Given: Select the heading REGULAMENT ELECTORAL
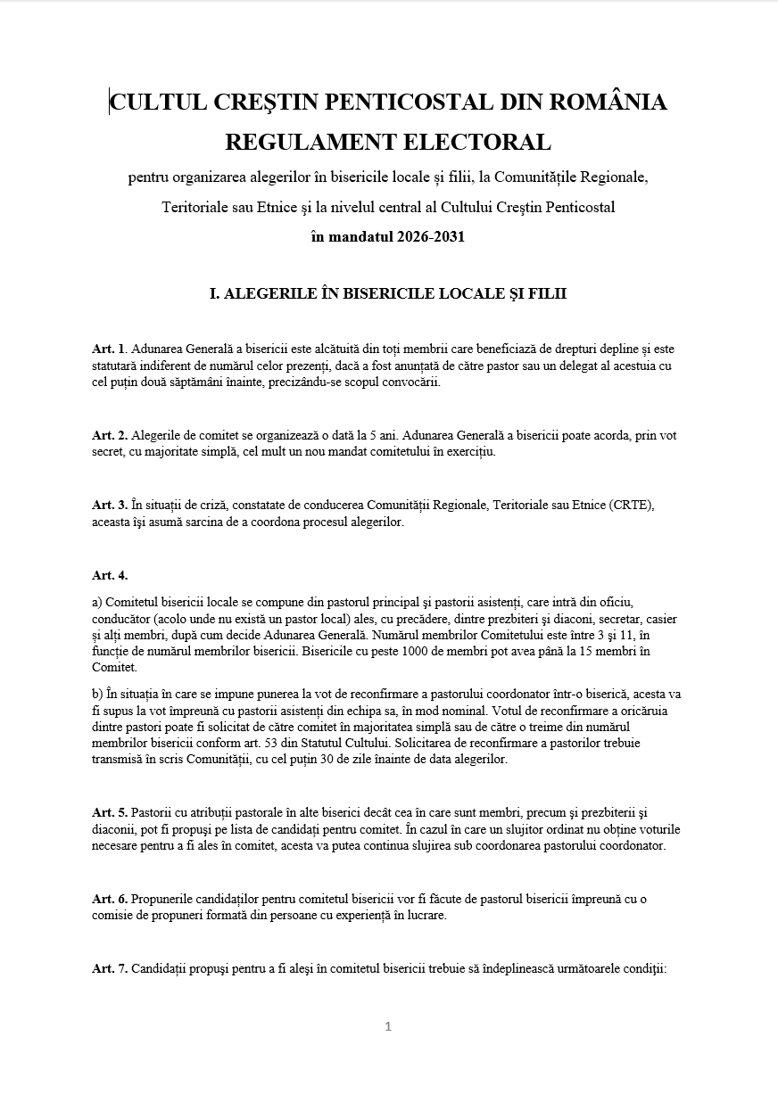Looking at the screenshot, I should (388, 142).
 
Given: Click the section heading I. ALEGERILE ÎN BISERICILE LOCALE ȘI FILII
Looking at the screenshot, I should (388, 293).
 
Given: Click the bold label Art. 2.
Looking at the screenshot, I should (109, 435).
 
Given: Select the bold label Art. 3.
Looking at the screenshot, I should (109, 506).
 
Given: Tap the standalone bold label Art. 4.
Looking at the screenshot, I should (109, 575).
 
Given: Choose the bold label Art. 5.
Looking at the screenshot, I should (109, 812).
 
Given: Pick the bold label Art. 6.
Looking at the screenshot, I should (109, 899).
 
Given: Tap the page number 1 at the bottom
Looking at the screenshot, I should (388, 1026).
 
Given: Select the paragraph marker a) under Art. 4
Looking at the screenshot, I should (96, 602).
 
